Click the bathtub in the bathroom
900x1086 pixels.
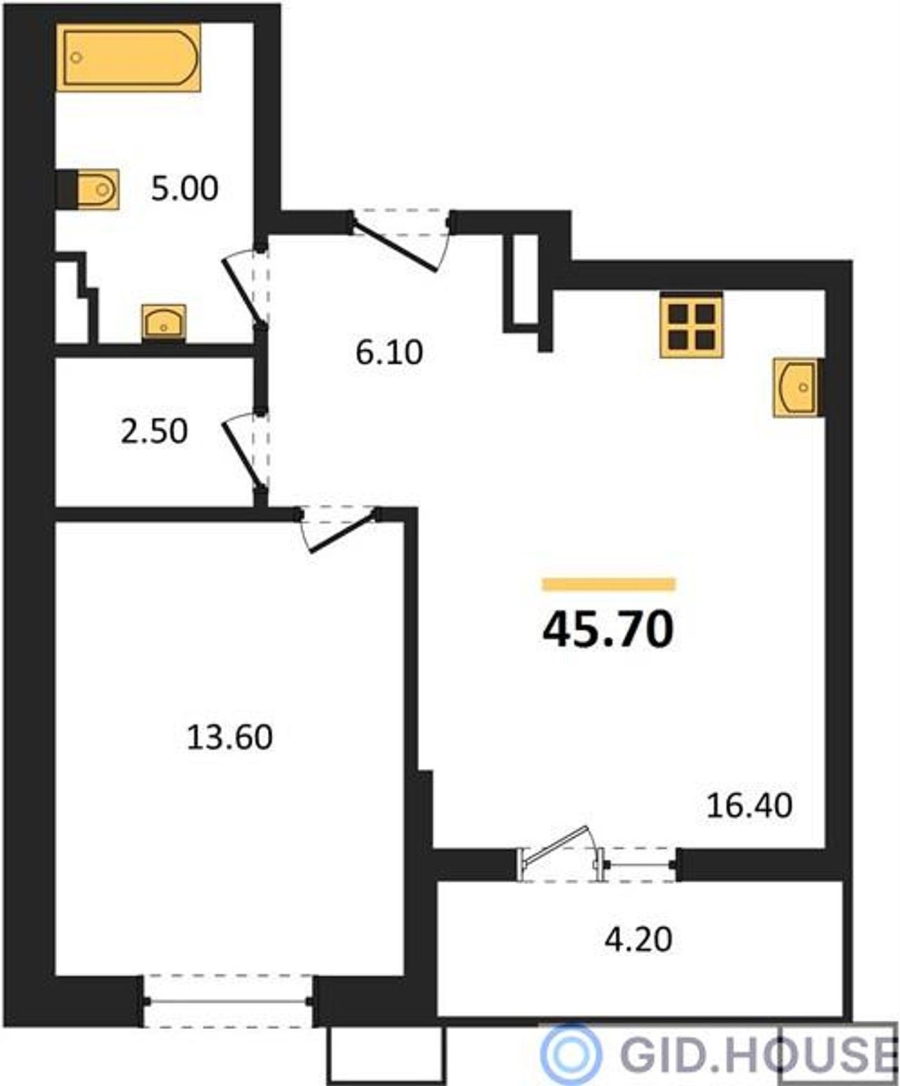[128, 58]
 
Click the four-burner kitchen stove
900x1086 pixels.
[691, 325]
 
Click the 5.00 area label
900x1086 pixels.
[185, 189]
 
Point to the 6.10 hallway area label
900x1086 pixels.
[389, 353]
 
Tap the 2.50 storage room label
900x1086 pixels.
[154, 432]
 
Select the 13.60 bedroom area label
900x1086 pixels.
[229, 737]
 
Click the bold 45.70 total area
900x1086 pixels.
[608, 630]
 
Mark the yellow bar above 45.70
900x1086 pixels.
[609, 585]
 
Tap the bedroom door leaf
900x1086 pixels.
[342, 533]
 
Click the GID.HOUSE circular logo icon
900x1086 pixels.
[571, 1054]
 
